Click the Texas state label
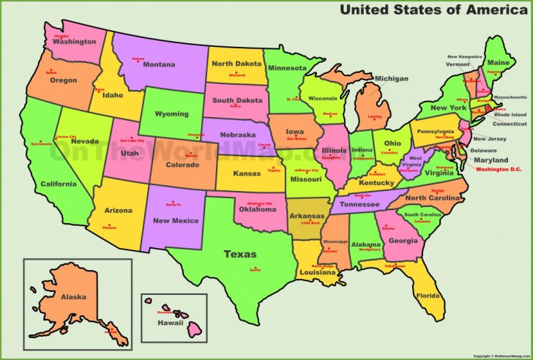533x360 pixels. pos(240,255)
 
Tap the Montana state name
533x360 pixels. pos(159,64)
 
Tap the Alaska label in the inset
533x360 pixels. pos(73,296)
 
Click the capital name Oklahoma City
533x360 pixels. pos(259,203)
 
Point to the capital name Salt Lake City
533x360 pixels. pos(132,140)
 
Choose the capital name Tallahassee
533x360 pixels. pos(395,266)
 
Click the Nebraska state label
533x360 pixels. pos(237,135)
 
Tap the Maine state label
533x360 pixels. pos(499,63)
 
